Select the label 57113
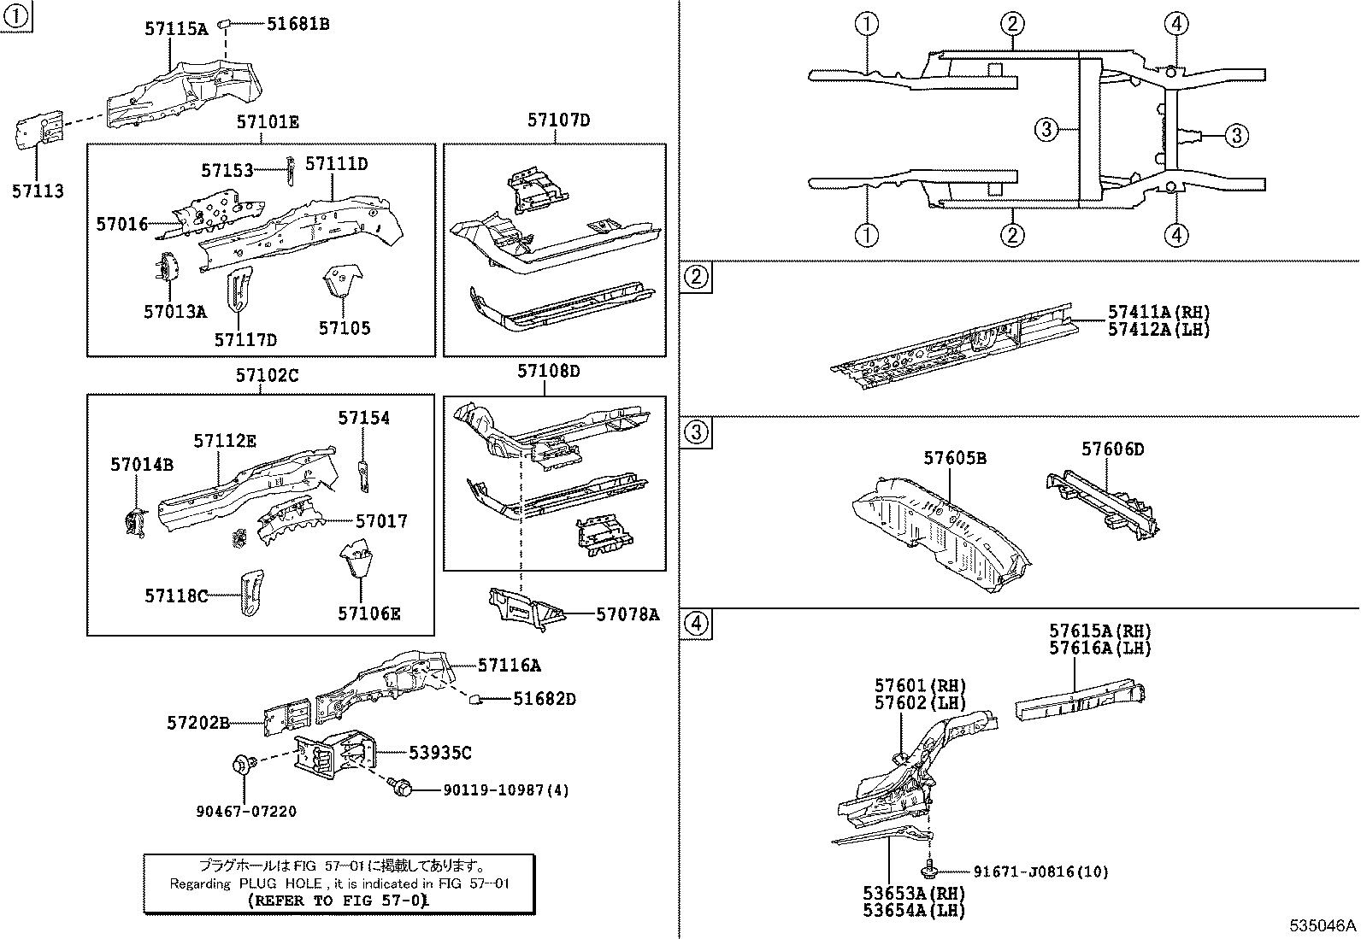(38, 191)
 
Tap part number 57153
(227, 171)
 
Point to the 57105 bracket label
(345, 328)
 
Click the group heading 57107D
(558, 120)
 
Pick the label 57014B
(141, 464)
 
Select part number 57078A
(627, 613)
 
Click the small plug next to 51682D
(475, 700)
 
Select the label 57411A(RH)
(1159, 313)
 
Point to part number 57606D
(1112, 449)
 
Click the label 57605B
(954, 459)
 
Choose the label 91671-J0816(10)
(1040, 872)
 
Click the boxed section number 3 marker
(697, 432)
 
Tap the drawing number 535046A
(1323, 925)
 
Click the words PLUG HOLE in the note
(280, 883)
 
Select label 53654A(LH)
(913, 911)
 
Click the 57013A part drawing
(167, 267)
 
